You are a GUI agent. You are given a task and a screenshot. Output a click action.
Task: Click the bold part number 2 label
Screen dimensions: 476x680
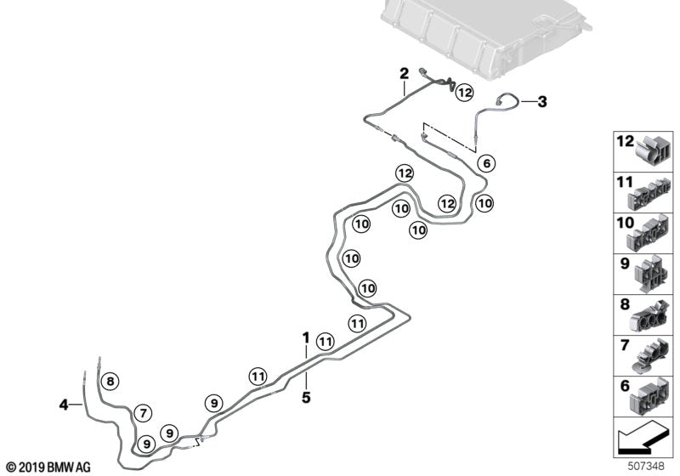click(405, 73)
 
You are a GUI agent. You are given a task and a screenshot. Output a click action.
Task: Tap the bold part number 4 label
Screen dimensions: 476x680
click(64, 405)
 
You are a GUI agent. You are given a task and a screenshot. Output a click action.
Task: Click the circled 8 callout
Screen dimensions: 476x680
click(112, 381)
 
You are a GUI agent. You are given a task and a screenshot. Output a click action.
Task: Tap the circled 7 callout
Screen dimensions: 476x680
click(144, 413)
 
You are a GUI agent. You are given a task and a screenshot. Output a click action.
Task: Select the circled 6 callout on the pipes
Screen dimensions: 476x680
click(486, 162)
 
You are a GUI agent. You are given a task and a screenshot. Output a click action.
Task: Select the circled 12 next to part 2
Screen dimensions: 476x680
click(463, 93)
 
